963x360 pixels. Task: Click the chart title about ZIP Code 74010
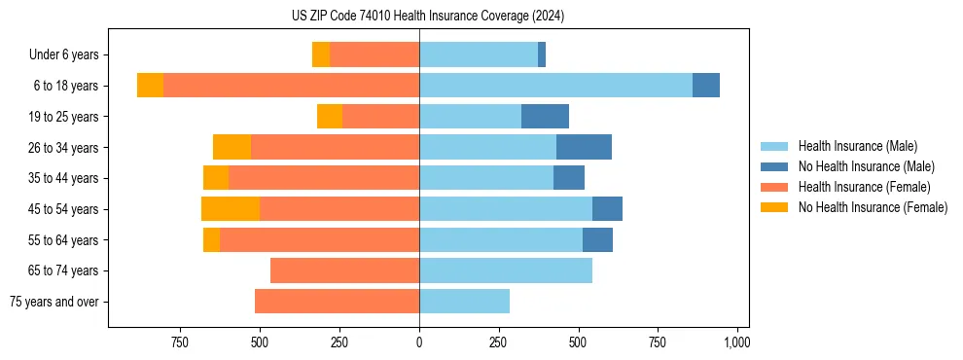(428, 16)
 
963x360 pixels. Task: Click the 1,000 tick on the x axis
(736, 342)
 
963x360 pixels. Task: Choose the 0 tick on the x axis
(419, 342)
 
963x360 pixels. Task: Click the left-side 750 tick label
(179, 342)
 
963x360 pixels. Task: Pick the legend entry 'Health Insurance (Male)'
(857, 146)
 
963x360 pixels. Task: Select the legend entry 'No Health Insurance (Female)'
(873, 207)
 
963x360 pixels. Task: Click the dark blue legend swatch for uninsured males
(774, 166)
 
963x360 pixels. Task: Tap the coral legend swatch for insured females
(774, 187)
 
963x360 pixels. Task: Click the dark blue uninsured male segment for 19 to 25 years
(545, 117)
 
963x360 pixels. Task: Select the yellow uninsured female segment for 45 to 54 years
(231, 209)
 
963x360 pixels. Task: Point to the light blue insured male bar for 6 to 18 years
(555, 86)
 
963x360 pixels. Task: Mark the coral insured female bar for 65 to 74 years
(344, 270)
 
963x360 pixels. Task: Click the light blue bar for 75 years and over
(464, 302)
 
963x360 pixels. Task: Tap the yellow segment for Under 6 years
(321, 54)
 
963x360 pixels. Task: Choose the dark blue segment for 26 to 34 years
(584, 147)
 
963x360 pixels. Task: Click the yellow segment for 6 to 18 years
(150, 86)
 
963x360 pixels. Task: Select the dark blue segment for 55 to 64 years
(597, 239)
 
